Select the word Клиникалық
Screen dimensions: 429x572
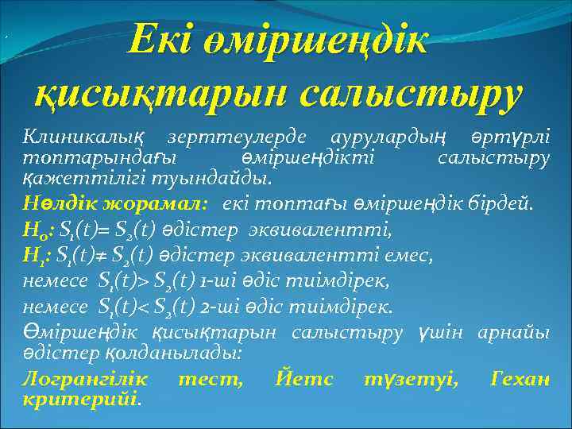tap(71, 139)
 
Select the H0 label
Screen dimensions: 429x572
tap(35, 232)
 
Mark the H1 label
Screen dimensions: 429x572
tap(35, 254)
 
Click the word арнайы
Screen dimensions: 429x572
tap(512, 332)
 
